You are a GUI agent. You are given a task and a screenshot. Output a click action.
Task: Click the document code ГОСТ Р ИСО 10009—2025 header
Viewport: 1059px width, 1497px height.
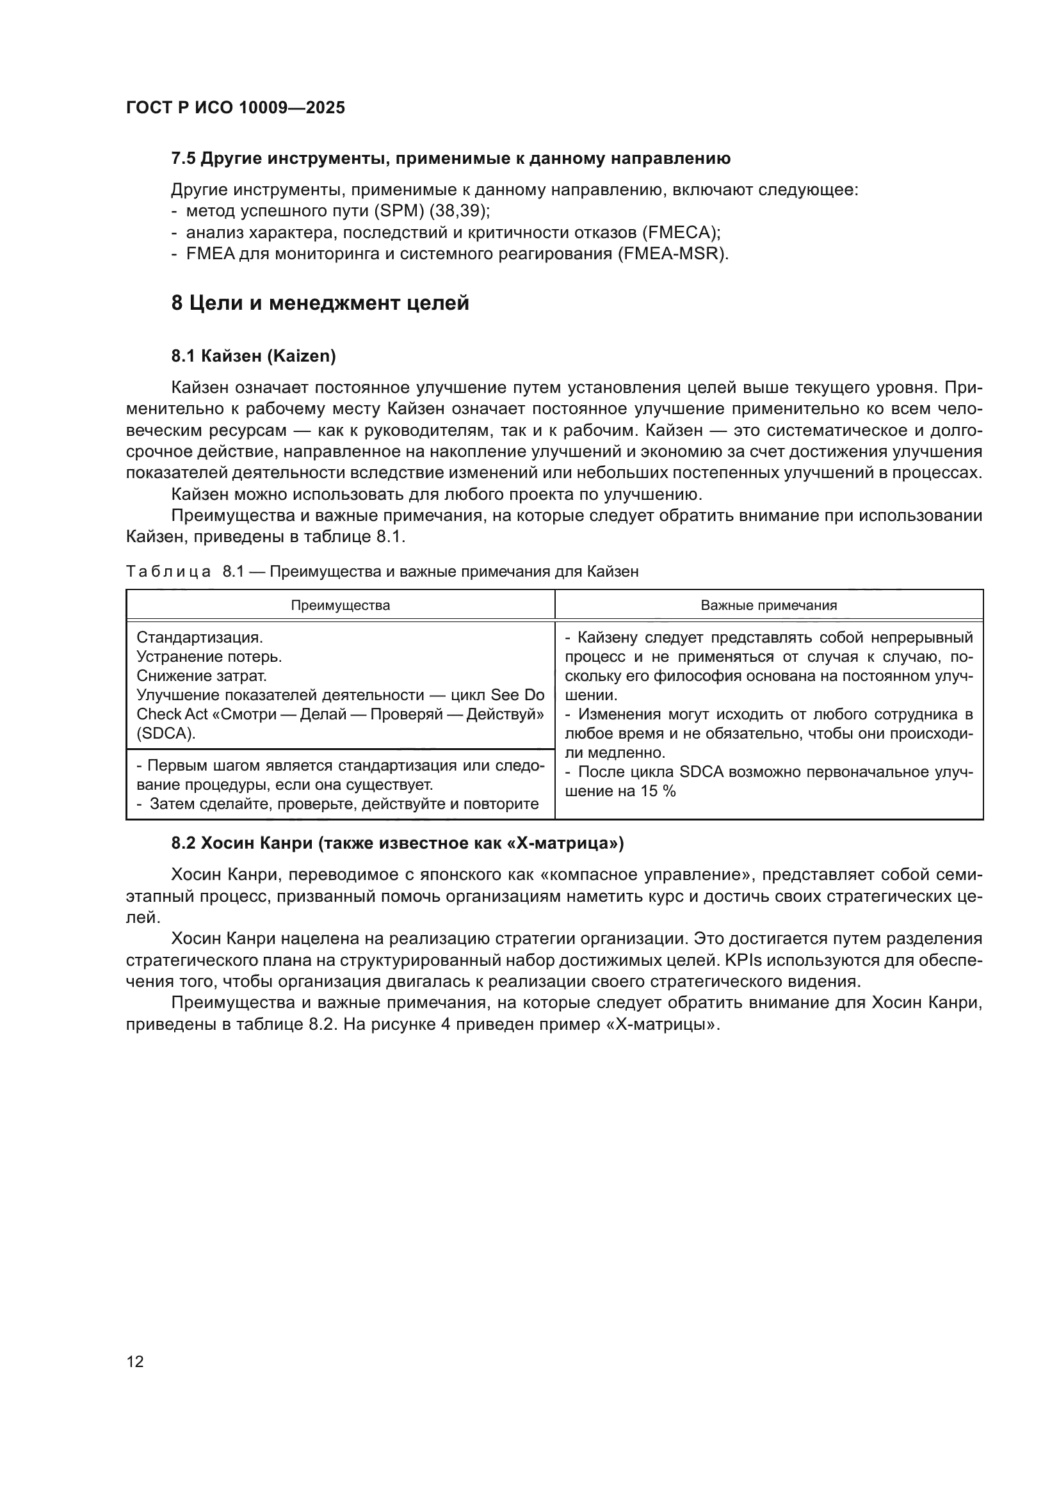pos(236,108)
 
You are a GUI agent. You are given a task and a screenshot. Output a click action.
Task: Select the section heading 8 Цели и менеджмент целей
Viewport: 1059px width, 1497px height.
pos(320,303)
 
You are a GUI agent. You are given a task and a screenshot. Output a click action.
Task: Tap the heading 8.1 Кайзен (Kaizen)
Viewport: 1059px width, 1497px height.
pos(254,356)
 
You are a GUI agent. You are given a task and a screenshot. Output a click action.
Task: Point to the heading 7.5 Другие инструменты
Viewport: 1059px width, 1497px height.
pos(451,159)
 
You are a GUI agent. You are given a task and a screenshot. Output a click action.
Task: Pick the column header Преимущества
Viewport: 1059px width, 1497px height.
pos(341,605)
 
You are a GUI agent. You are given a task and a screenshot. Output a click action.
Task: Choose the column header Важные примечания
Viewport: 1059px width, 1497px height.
pos(769,605)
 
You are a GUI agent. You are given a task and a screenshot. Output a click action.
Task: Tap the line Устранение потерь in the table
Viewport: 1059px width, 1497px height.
pos(209,657)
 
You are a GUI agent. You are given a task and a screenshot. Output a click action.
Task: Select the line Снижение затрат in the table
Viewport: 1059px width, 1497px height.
pos(202,675)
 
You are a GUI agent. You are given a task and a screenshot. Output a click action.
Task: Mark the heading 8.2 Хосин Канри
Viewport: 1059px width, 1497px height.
pos(397,844)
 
